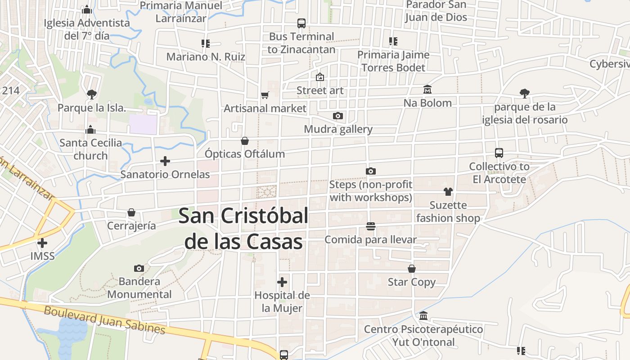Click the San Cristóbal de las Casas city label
point(243,229)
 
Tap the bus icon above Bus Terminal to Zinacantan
point(301,23)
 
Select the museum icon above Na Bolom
point(427,90)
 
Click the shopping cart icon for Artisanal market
point(265,95)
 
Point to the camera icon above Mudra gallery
point(338,116)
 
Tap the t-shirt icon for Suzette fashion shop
point(448,192)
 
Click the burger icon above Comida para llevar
point(371,226)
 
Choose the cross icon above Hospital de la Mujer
point(282,282)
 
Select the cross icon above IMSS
point(42,243)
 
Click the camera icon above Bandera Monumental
point(139,269)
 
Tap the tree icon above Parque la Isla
point(92,94)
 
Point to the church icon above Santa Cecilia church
point(90,130)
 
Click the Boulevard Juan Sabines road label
point(104,320)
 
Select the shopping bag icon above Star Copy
point(411,269)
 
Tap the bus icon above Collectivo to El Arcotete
point(499,153)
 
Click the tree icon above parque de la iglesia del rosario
point(524,94)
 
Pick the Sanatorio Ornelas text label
point(165,175)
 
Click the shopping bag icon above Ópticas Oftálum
point(244,141)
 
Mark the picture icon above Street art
point(319,77)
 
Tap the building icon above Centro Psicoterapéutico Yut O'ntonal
point(423,316)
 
